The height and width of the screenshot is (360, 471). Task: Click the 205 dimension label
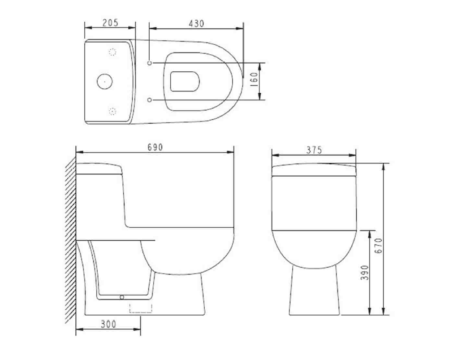pyautogui.click(x=110, y=23)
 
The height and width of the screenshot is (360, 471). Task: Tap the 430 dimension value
pyautogui.click(x=196, y=24)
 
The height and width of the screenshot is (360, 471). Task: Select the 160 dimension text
pyautogui.click(x=254, y=80)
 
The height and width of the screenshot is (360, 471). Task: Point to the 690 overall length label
pyautogui.click(x=155, y=147)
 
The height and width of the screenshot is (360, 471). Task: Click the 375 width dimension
pyautogui.click(x=314, y=150)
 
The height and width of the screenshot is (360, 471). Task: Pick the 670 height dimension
pyautogui.click(x=379, y=246)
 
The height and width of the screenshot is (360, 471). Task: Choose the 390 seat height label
pyautogui.click(x=365, y=273)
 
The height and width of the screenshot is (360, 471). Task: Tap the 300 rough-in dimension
pyautogui.click(x=108, y=324)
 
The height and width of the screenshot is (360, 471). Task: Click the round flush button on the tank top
pyautogui.click(x=104, y=82)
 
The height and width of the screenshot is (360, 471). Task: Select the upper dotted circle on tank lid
pyautogui.click(x=112, y=52)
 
